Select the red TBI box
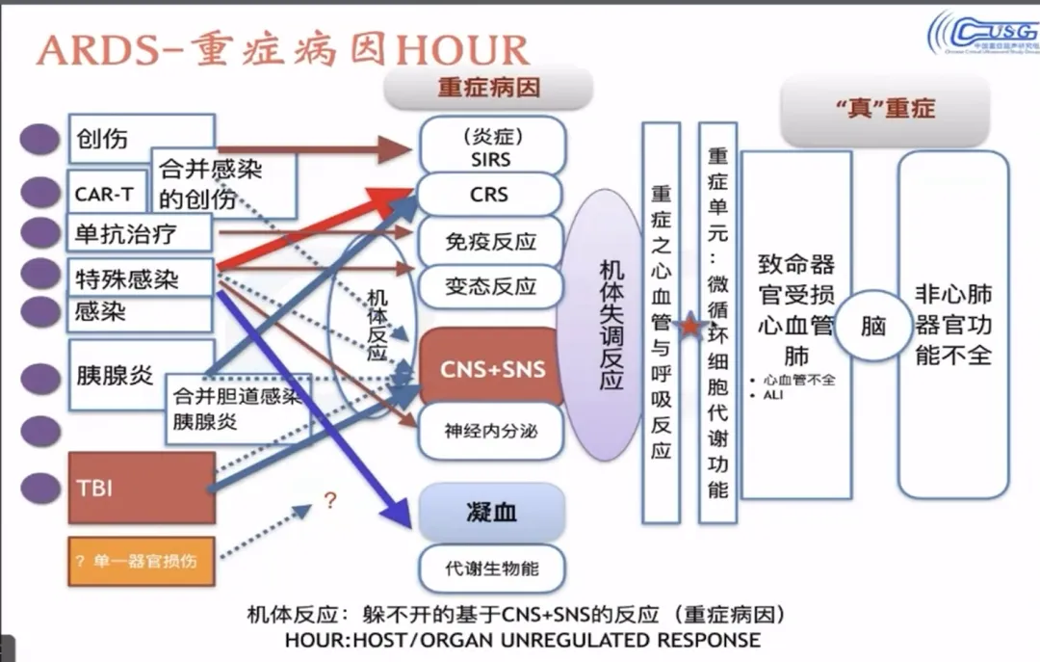tap(143, 488)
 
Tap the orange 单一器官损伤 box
tap(142, 560)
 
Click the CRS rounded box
tap(490, 194)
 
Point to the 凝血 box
tap(491, 512)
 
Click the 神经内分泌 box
tap(491, 431)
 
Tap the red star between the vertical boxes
tap(689, 328)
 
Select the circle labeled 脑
tap(872, 326)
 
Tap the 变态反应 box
tap(491, 286)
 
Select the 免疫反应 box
tap(491, 241)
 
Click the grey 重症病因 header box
tap(488, 87)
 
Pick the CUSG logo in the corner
tap(982, 34)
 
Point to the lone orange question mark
tap(330, 501)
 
